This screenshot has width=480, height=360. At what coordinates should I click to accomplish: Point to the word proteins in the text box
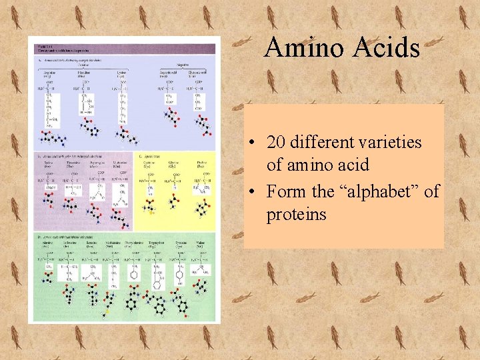tap(297, 215)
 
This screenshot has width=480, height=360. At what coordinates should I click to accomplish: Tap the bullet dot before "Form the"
tap(256, 192)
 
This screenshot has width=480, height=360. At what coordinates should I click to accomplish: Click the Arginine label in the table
tap(49, 73)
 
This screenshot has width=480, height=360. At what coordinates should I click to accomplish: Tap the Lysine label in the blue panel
tap(121, 73)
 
